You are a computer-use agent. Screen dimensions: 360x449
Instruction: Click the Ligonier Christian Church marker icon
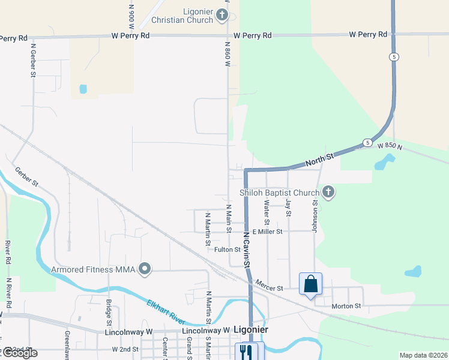(222, 15)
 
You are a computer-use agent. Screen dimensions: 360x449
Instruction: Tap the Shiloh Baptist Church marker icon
(328, 193)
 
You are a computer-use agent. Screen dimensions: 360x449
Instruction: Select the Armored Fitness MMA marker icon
(145, 269)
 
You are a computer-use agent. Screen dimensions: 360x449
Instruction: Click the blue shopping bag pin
(310, 283)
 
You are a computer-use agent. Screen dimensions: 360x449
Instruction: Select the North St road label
(319, 159)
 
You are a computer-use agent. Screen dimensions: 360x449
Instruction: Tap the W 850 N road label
(389, 146)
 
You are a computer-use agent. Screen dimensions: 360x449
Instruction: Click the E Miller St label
(267, 232)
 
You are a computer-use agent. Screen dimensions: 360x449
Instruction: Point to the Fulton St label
(228, 250)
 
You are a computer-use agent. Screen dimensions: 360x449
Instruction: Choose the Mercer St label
(268, 285)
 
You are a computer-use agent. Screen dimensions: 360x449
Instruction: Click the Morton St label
(346, 306)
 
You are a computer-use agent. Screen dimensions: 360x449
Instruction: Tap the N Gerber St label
(34, 60)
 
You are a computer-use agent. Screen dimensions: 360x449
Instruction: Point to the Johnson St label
(314, 215)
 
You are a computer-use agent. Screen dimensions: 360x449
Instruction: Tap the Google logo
(20, 353)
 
